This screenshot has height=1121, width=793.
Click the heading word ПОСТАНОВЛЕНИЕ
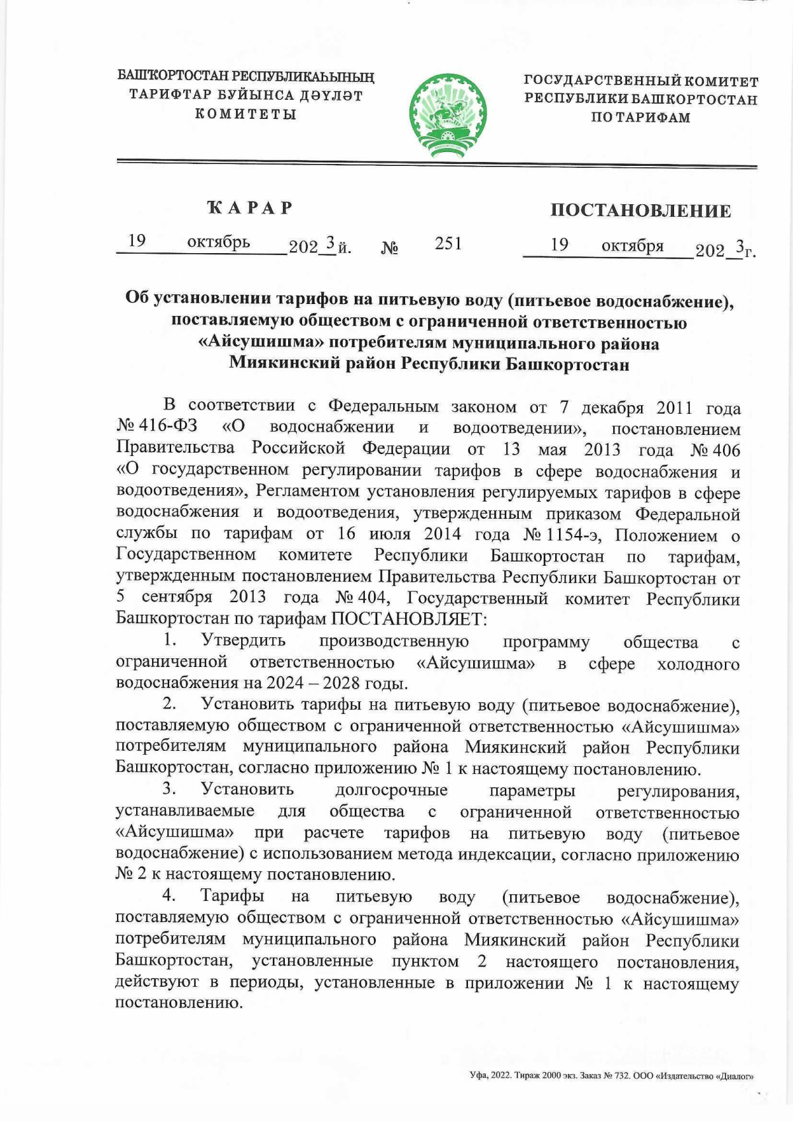[x=640, y=211]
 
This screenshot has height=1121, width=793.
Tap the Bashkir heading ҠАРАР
[x=250, y=208]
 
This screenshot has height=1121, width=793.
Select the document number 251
[x=448, y=244]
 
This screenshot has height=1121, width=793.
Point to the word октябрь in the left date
[x=218, y=242]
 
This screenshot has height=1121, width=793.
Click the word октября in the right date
[x=632, y=246]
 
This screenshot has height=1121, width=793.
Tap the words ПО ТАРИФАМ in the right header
[x=640, y=118]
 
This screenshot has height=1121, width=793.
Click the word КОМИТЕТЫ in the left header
[x=245, y=114]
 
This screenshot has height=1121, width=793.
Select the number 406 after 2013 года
[x=726, y=449]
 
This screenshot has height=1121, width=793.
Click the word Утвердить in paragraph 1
[x=243, y=640]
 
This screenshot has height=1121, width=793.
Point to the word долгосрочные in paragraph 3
[x=391, y=790]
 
